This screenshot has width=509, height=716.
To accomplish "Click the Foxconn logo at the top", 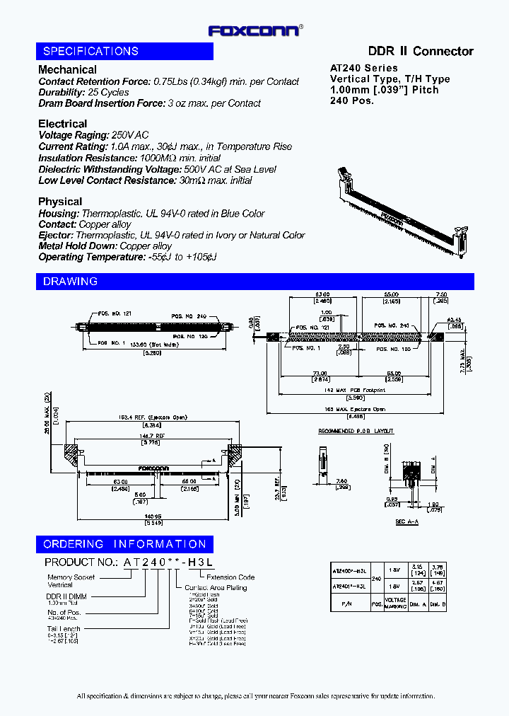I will point(255,30).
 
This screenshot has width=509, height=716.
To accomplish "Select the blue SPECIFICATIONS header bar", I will point(124,51).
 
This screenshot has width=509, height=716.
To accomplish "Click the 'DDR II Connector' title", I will point(421,51).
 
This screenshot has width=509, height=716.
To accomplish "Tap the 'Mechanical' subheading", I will point(67,69).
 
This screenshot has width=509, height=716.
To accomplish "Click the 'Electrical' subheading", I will point(62,124).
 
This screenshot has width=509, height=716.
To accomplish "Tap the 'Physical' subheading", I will point(60,202).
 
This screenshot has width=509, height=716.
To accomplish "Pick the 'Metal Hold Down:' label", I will point(78,246).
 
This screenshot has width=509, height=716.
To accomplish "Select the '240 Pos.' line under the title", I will point(352,100).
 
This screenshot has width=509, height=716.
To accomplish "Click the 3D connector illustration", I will point(403,205).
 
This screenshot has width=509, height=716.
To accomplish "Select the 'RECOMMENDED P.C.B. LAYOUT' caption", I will point(356,431).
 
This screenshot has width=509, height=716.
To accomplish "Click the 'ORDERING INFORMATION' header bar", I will point(124,544).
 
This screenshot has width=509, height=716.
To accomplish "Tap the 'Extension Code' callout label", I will point(230,577).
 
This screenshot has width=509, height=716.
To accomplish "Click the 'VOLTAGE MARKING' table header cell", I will point(395,603).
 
